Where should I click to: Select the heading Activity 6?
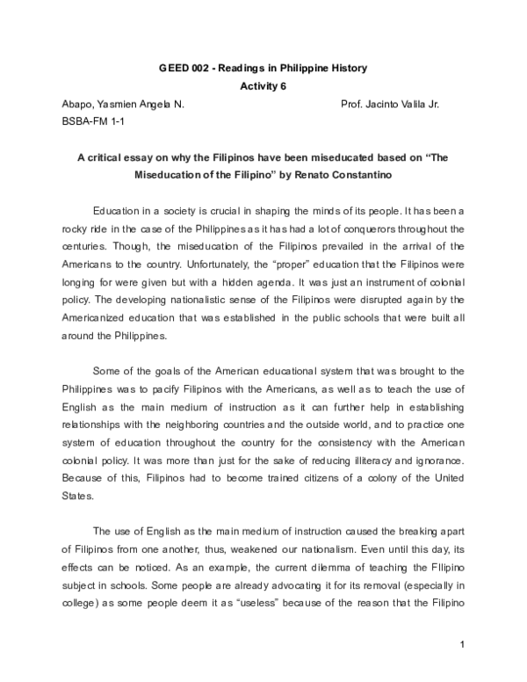(263, 86)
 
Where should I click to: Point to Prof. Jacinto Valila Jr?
(389, 104)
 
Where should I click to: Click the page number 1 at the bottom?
(461, 671)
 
